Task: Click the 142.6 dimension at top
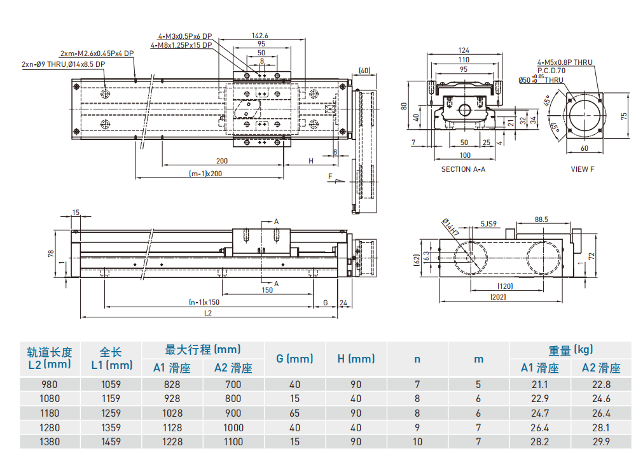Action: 260,36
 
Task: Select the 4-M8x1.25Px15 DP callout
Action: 181,45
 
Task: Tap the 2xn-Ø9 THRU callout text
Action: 63,64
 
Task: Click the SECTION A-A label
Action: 463,169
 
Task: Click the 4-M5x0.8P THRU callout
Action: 564,62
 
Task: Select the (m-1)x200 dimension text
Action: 205,173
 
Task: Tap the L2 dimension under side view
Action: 208,313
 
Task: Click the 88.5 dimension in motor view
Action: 542,219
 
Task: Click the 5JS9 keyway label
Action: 488,224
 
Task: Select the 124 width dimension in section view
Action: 464,50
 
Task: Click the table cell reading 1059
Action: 111,384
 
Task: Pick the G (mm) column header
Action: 294,359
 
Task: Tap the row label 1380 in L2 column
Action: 49,441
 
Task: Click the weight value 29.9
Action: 600,441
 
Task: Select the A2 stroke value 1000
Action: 233,427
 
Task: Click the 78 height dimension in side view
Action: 51,253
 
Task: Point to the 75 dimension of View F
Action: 624,116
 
